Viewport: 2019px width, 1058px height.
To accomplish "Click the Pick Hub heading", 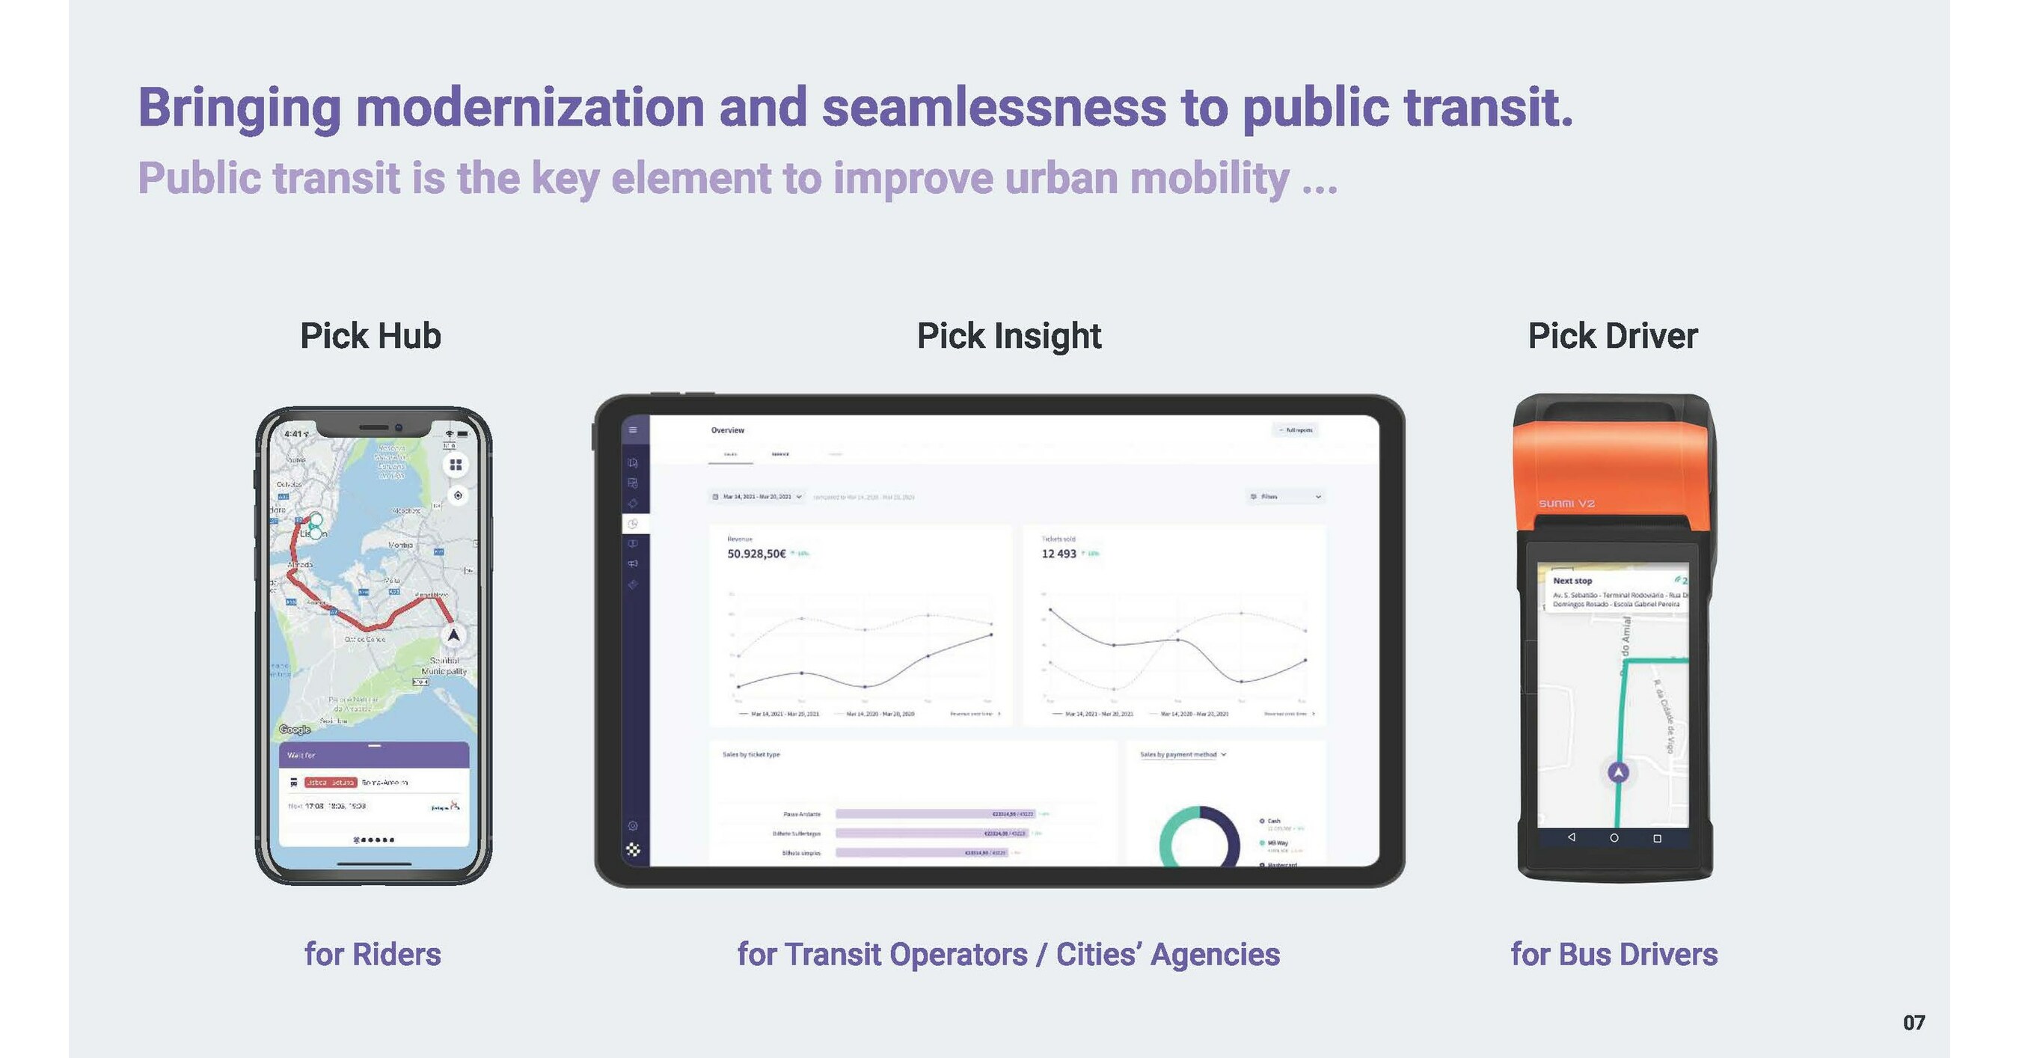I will pos(371,336).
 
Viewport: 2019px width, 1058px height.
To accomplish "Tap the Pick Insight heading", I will pos(1008,336).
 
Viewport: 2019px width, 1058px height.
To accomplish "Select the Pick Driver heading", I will pos(1612,336).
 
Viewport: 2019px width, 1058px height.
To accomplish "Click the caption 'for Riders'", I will pos(373,955).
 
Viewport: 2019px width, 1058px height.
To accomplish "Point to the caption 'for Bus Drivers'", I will pos(1614,955).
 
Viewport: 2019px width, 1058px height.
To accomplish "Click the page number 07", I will pos(1914,1023).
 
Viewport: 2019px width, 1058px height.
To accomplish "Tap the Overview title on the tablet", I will pos(727,430).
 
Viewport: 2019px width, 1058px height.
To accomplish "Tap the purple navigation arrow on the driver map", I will pos(1619,773).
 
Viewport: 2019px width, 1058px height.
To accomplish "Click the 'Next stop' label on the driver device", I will pos(1572,581).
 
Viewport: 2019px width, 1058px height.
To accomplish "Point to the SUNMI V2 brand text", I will pos(1566,503).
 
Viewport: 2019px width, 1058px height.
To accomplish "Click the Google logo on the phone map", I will pos(295,730).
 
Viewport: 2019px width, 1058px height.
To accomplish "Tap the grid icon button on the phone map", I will pos(456,465).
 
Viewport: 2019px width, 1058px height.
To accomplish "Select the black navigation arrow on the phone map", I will pos(453,635).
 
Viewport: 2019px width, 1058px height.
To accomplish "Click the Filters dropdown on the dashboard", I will pos(1284,497).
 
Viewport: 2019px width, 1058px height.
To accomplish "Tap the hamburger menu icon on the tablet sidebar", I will pos(634,430).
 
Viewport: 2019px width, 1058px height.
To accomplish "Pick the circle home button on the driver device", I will pos(1614,838).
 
